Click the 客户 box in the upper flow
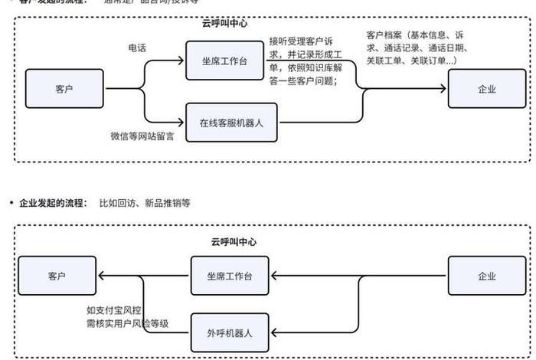coord(64,89)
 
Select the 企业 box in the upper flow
coord(487,89)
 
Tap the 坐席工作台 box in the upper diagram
coord(224,61)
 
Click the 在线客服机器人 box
coord(231,122)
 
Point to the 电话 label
coord(138,47)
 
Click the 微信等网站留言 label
coord(142,136)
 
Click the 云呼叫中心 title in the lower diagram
coord(234,241)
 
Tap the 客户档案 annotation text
coord(414,47)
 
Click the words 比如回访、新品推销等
coord(144,204)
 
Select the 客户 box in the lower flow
coord(57,276)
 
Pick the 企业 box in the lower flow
coord(487,276)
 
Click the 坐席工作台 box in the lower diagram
coord(231,276)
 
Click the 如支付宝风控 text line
coord(114,311)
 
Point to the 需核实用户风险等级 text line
coord(127,324)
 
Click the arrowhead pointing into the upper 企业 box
coord(444,89)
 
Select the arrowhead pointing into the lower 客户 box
coord(102,276)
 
